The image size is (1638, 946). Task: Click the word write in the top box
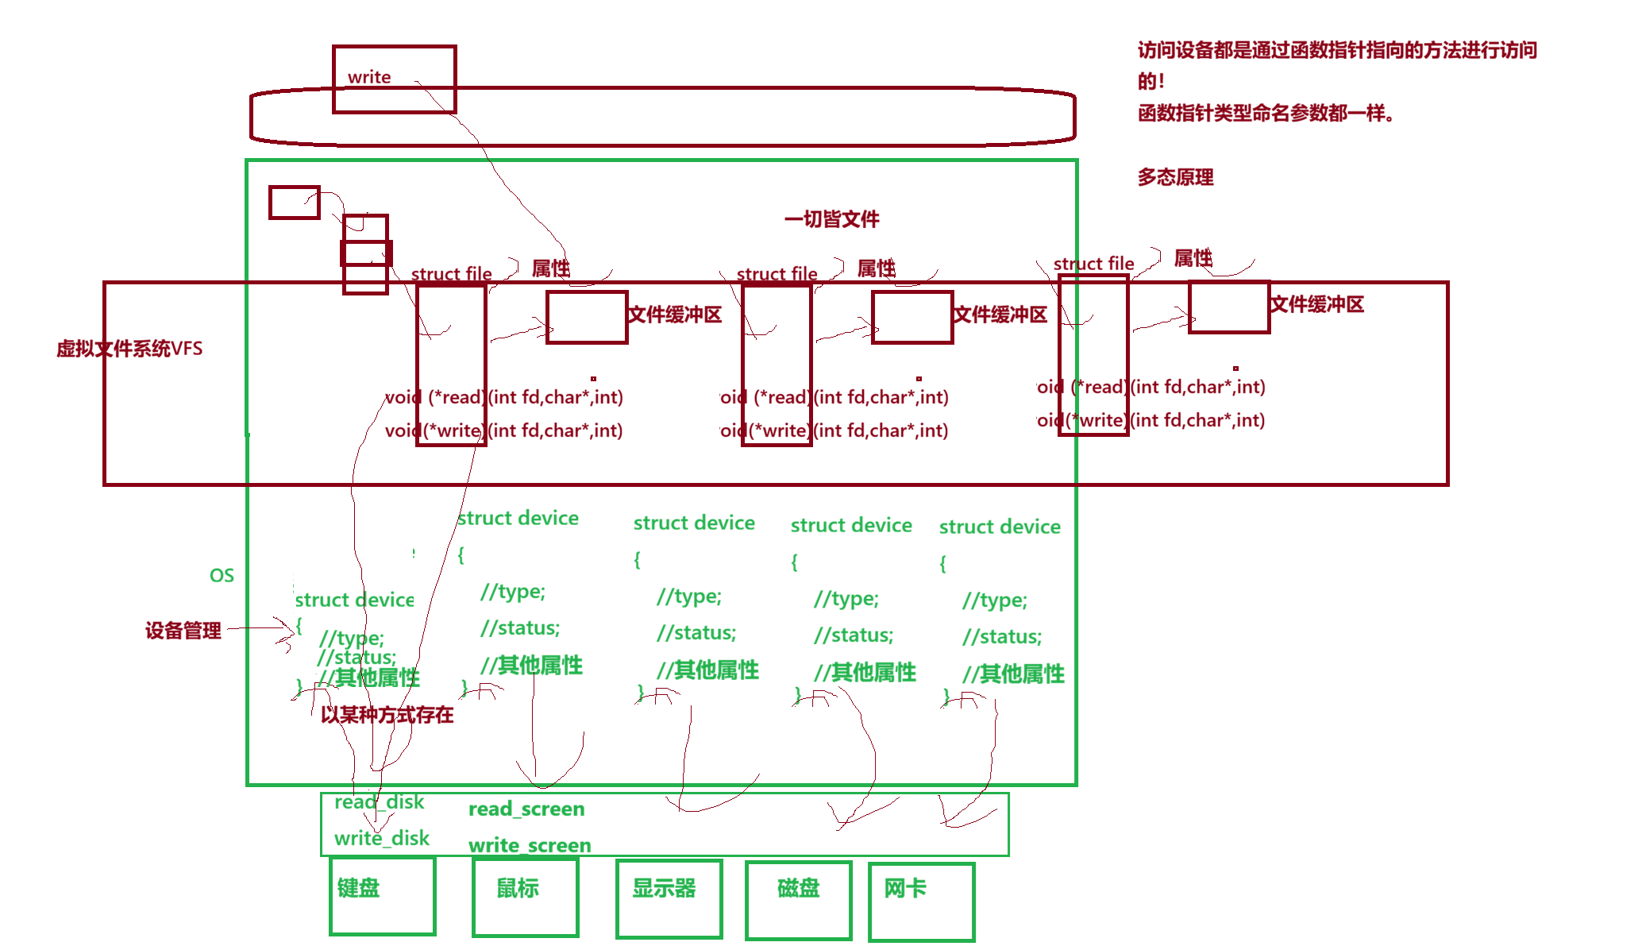(369, 77)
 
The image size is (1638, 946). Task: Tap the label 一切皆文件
(831, 218)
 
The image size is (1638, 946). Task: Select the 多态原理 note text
(1175, 177)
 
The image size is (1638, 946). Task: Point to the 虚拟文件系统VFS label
(129, 349)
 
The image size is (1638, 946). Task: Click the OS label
(222, 576)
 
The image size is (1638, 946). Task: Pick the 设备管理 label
(183, 631)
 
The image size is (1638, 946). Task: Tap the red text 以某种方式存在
(387, 715)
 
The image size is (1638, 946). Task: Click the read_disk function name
(380, 802)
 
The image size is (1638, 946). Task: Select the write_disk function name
(382, 838)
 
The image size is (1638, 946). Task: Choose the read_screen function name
(526, 809)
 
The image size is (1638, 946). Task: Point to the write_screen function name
(530, 845)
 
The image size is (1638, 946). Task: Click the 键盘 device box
(383, 896)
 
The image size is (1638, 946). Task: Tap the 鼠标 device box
(525, 897)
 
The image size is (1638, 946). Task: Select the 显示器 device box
(669, 898)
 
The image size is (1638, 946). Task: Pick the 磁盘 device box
(799, 899)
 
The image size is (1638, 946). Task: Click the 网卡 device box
(922, 901)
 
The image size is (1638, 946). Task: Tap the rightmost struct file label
(1093, 264)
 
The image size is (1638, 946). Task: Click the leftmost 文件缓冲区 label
(675, 315)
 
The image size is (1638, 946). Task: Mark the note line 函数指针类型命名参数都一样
(1266, 114)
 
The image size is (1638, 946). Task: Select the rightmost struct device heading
(1000, 527)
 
